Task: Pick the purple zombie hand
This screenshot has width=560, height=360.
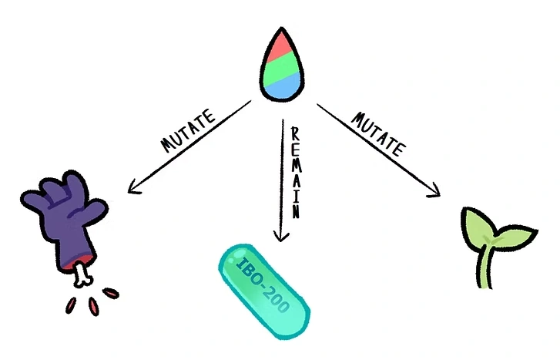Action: [x=65, y=219]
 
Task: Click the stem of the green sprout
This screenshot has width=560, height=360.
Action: [x=486, y=265]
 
